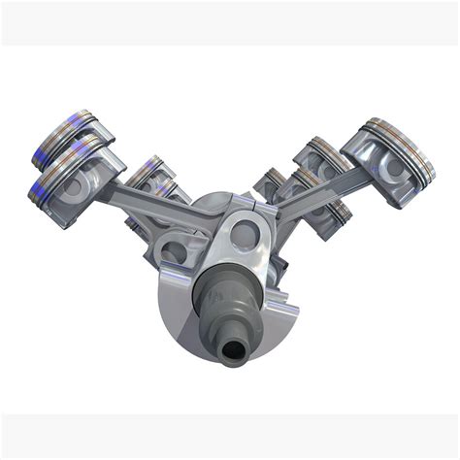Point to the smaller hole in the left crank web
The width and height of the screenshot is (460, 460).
point(175,252)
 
